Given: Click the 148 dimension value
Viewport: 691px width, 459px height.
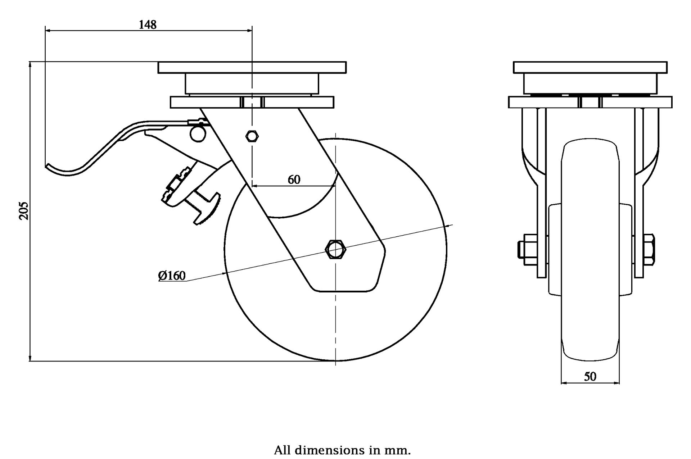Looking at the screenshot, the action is [148, 24].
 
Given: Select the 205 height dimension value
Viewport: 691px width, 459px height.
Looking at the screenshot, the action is [23, 210].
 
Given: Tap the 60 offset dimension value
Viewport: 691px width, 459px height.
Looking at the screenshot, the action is [294, 179].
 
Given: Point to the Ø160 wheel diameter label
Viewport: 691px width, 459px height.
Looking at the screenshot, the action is [172, 276].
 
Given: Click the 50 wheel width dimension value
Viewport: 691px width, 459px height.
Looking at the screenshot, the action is [590, 376].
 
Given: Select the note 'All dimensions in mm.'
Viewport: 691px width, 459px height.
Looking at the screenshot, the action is [342, 450].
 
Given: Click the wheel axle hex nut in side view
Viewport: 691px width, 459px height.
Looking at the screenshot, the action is [335, 249].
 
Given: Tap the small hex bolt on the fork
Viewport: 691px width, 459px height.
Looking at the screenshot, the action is [252, 136].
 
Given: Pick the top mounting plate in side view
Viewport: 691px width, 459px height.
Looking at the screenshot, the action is [252, 67].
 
